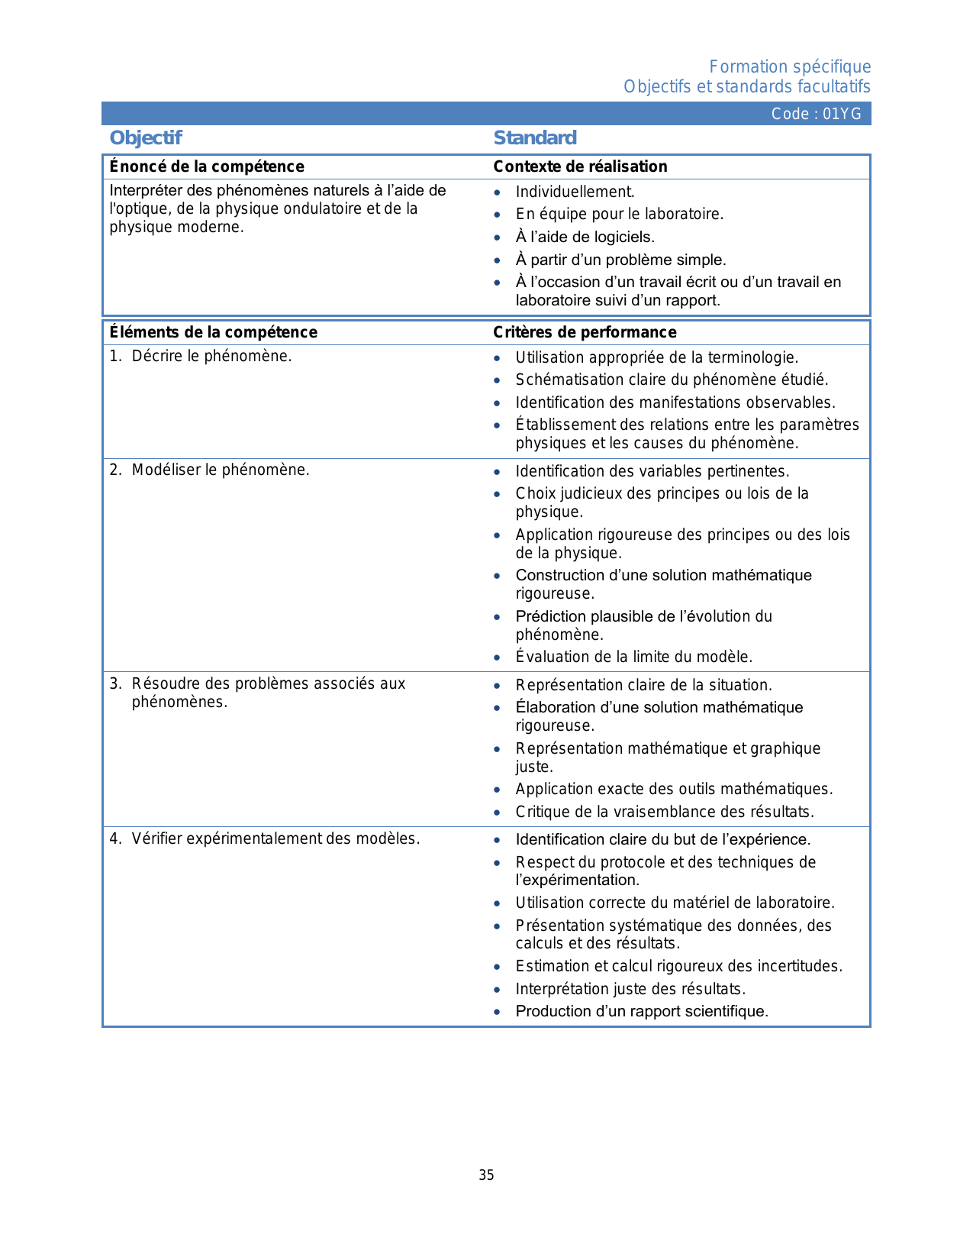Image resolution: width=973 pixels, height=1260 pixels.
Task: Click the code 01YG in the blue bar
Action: pos(816,114)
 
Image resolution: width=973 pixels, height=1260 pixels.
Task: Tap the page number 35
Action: pos(486,1175)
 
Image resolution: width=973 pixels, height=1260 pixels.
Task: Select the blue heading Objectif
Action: pos(146,138)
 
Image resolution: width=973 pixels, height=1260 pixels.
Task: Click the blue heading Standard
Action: pos(535,138)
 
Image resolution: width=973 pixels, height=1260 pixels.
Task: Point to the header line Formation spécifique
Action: pos(790,67)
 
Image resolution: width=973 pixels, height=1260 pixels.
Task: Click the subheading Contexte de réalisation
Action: pos(580,166)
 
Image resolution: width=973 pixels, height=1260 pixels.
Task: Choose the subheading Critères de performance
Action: pos(585,332)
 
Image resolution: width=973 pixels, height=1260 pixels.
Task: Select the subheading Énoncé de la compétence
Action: pos(207,166)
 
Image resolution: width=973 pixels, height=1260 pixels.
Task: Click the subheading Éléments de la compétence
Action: pos(213,332)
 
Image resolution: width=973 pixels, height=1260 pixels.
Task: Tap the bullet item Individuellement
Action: pos(575,192)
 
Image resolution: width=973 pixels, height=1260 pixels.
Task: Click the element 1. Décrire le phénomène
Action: pos(201,356)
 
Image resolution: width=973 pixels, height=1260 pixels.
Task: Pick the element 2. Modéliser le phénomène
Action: pos(209,470)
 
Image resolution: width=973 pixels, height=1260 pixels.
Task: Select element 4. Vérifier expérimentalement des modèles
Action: pos(265,838)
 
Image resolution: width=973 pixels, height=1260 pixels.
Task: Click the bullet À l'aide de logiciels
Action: pos(585,237)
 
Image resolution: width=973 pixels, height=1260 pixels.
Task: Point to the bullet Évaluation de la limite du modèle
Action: pos(633,657)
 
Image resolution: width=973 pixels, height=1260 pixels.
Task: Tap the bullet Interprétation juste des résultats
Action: pos(630,989)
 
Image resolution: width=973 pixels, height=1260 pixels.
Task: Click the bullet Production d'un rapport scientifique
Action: pos(642,1011)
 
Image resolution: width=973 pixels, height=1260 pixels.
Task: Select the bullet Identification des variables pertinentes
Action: pos(652,471)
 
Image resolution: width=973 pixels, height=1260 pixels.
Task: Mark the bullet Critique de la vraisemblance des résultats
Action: pos(664,812)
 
